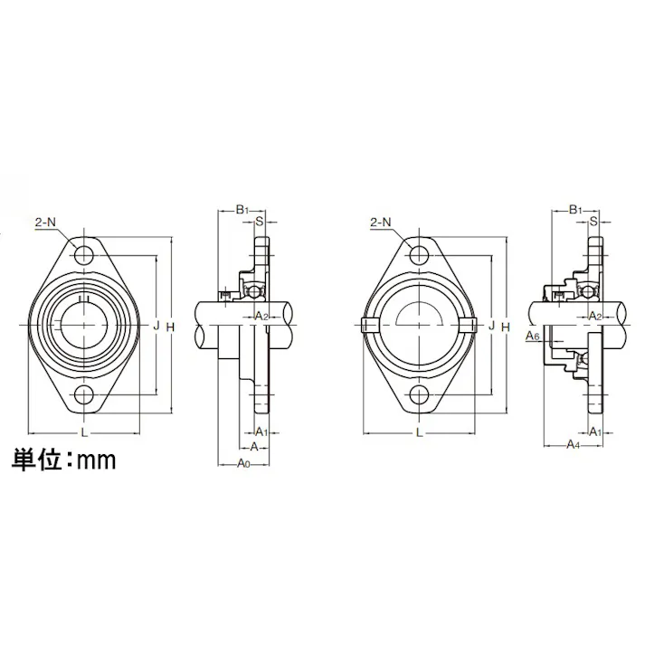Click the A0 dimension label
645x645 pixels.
coord(242,463)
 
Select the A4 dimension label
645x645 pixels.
coord(574,445)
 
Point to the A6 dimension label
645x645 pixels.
coord(534,335)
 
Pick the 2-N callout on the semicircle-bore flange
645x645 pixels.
coord(381,222)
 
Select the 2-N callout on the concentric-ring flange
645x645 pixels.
coord(46,222)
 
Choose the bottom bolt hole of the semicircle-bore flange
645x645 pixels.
coord(420,394)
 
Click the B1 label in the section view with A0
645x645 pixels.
coord(242,210)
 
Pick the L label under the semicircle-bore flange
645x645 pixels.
coord(420,432)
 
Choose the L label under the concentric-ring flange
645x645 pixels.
coord(85,432)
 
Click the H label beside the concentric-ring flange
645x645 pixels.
coord(170,325)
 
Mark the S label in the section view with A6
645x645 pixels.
coord(593,221)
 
